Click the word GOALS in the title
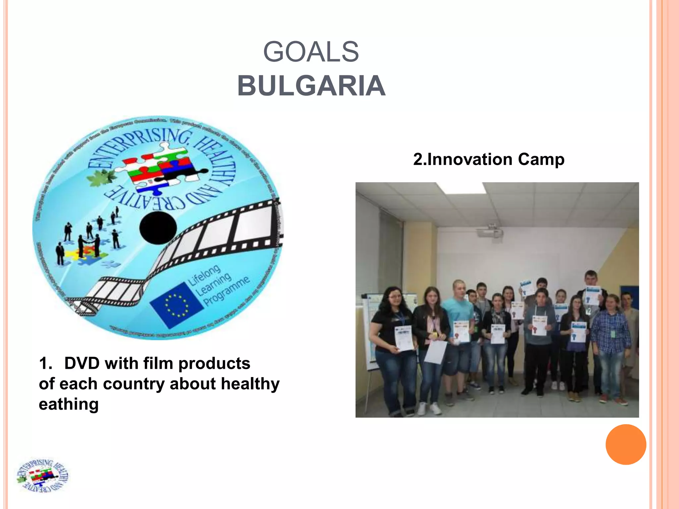(x=311, y=52)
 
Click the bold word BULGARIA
(x=311, y=86)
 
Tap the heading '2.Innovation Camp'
(x=488, y=159)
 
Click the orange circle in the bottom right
(x=626, y=444)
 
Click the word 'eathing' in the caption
(x=69, y=404)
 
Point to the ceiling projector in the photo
(x=490, y=232)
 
